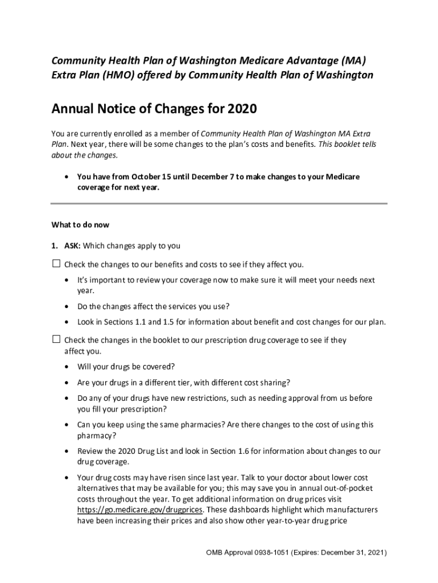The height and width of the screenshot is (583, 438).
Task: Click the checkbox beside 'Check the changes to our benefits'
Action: click(x=56, y=264)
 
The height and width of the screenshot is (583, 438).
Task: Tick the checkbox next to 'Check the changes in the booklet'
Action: click(x=56, y=339)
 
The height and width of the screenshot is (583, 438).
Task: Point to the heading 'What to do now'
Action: click(x=80, y=225)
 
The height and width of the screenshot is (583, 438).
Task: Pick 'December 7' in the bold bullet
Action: click(x=212, y=177)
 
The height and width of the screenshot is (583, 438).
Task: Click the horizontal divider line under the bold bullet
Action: click(x=219, y=203)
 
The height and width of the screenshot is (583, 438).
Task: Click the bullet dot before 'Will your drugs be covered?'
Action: click(x=68, y=366)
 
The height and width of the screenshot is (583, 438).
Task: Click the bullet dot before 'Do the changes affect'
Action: click(x=68, y=306)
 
